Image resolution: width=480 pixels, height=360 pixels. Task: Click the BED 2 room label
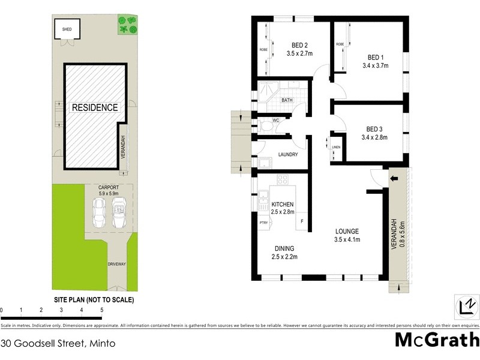pyautogui.click(x=299, y=45)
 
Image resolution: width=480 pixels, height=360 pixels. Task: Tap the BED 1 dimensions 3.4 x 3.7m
pyautogui.click(x=376, y=66)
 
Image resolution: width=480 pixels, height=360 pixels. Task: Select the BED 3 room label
pyautogui.click(x=374, y=129)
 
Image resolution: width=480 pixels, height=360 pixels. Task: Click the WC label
pyautogui.click(x=276, y=121)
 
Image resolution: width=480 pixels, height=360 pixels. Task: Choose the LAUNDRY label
pyautogui.click(x=288, y=154)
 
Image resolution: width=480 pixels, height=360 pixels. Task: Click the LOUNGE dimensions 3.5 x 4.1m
pyautogui.click(x=347, y=240)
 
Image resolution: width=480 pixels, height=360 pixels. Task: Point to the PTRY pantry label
pyautogui.click(x=263, y=223)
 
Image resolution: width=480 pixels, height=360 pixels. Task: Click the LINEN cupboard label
pyautogui.click(x=336, y=147)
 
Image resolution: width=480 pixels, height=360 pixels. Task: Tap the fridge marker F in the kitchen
pyautogui.click(x=301, y=221)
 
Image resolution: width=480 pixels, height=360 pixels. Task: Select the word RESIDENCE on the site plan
pyautogui.click(x=95, y=107)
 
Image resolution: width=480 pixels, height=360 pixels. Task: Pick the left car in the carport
pyautogui.click(x=99, y=212)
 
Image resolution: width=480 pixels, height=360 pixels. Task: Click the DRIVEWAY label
pyautogui.click(x=116, y=264)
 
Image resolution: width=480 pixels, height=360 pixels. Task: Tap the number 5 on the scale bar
pyautogui.click(x=101, y=310)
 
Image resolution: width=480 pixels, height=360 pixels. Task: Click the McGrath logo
pyautogui.click(x=436, y=340)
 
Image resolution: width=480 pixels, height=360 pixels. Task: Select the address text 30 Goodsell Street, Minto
pyautogui.click(x=58, y=344)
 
